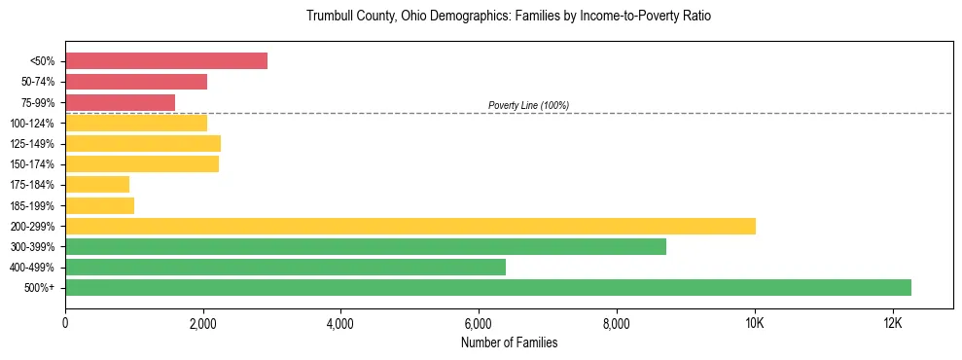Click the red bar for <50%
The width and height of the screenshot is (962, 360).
click(166, 61)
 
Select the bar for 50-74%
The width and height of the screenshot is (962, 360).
click(136, 82)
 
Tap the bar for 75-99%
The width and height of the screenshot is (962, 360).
click(121, 102)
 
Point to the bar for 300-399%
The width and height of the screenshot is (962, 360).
click(366, 246)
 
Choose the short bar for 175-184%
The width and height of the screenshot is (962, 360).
click(97, 184)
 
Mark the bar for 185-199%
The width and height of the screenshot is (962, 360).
click(100, 205)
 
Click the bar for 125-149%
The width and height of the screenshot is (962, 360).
click(143, 143)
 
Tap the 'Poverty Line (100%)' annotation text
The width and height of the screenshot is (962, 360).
click(528, 105)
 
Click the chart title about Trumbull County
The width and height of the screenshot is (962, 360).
click(509, 17)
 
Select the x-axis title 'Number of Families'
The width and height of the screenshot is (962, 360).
click(509, 342)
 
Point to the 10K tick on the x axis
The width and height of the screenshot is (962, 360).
click(755, 323)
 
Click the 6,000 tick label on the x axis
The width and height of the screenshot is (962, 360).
click(479, 323)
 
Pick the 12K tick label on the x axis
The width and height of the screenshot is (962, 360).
click(893, 323)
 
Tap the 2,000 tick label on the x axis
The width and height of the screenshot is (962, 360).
click(203, 323)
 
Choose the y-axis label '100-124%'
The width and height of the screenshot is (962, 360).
click(32, 124)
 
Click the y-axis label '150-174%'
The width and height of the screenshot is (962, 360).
click(32, 164)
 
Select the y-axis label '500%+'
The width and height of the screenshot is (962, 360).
click(40, 288)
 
